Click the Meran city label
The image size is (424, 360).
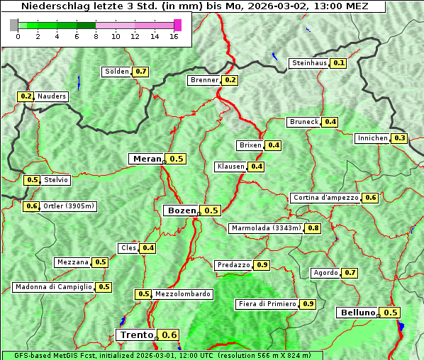147,159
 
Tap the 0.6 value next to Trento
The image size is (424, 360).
169,335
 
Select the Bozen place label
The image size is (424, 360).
180,210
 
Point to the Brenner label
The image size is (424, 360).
204,80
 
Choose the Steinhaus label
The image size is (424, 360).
310,63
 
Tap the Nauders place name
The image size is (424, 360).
52,96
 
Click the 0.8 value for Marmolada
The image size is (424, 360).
313,228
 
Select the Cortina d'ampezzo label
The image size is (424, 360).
325,198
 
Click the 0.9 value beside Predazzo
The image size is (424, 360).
262,265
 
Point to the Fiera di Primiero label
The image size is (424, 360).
267,304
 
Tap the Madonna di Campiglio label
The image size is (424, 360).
53,287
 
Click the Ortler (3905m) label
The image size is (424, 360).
69,206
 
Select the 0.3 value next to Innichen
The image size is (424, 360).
400,138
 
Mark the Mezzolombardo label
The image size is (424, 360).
182,294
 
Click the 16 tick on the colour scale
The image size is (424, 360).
174,36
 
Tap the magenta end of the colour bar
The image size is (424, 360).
177,26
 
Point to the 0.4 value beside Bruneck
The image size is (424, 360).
330,122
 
